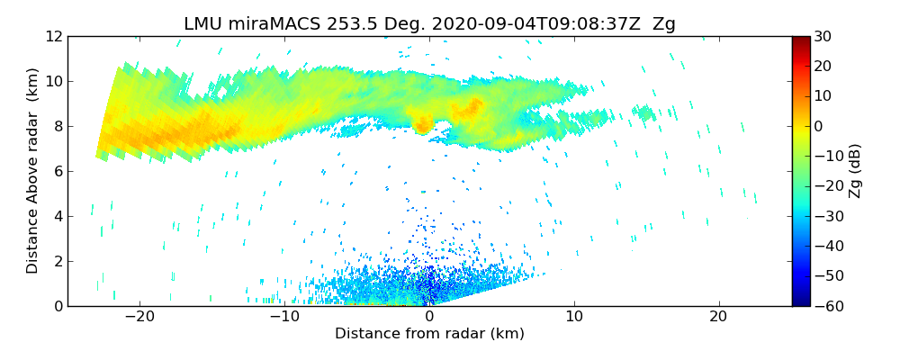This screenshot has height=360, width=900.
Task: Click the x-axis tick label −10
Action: [x=284, y=318]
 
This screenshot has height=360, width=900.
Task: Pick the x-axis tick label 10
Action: [x=574, y=318]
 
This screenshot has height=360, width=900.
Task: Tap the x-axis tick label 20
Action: [x=718, y=318]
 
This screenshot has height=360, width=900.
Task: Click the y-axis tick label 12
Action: [x=53, y=36]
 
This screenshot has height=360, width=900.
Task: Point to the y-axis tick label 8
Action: [x=58, y=126]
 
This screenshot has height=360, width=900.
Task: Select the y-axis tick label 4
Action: [x=58, y=216]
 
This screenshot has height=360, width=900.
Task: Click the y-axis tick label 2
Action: [x=58, y=261]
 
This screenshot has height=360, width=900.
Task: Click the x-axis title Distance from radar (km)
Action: [x=429, y=334]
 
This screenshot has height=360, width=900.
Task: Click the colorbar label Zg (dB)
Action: [x=856, y=171]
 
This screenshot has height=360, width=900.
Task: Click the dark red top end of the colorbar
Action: [x=800, y=40]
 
